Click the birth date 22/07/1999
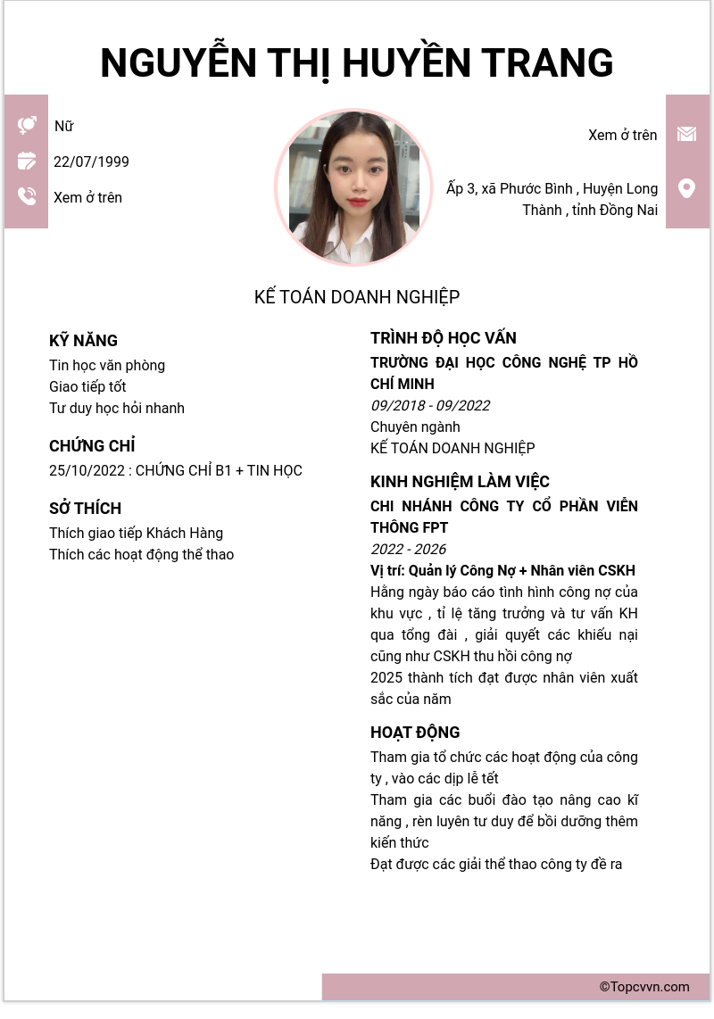click(91, 162)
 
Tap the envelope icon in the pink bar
click(686, 134)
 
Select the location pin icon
click(686, 188)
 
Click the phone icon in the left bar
click(27, 196)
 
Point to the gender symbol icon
click(27, 125)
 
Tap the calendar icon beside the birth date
click(27, 161)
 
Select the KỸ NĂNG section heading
click(83, 340)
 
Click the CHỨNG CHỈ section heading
click(92, 445)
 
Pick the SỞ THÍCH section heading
click(85, 508)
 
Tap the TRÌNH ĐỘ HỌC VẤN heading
click(443, 337)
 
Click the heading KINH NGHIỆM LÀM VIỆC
click(460, 481)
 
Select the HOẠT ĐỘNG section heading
click(415, 732)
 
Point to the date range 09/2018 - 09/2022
click(430, 405)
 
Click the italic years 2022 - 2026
click(408, 549)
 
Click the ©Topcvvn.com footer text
click(644, 987)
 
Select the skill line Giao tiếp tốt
click(87, 386)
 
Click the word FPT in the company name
click(435, 527)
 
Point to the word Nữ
click(63, 126)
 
